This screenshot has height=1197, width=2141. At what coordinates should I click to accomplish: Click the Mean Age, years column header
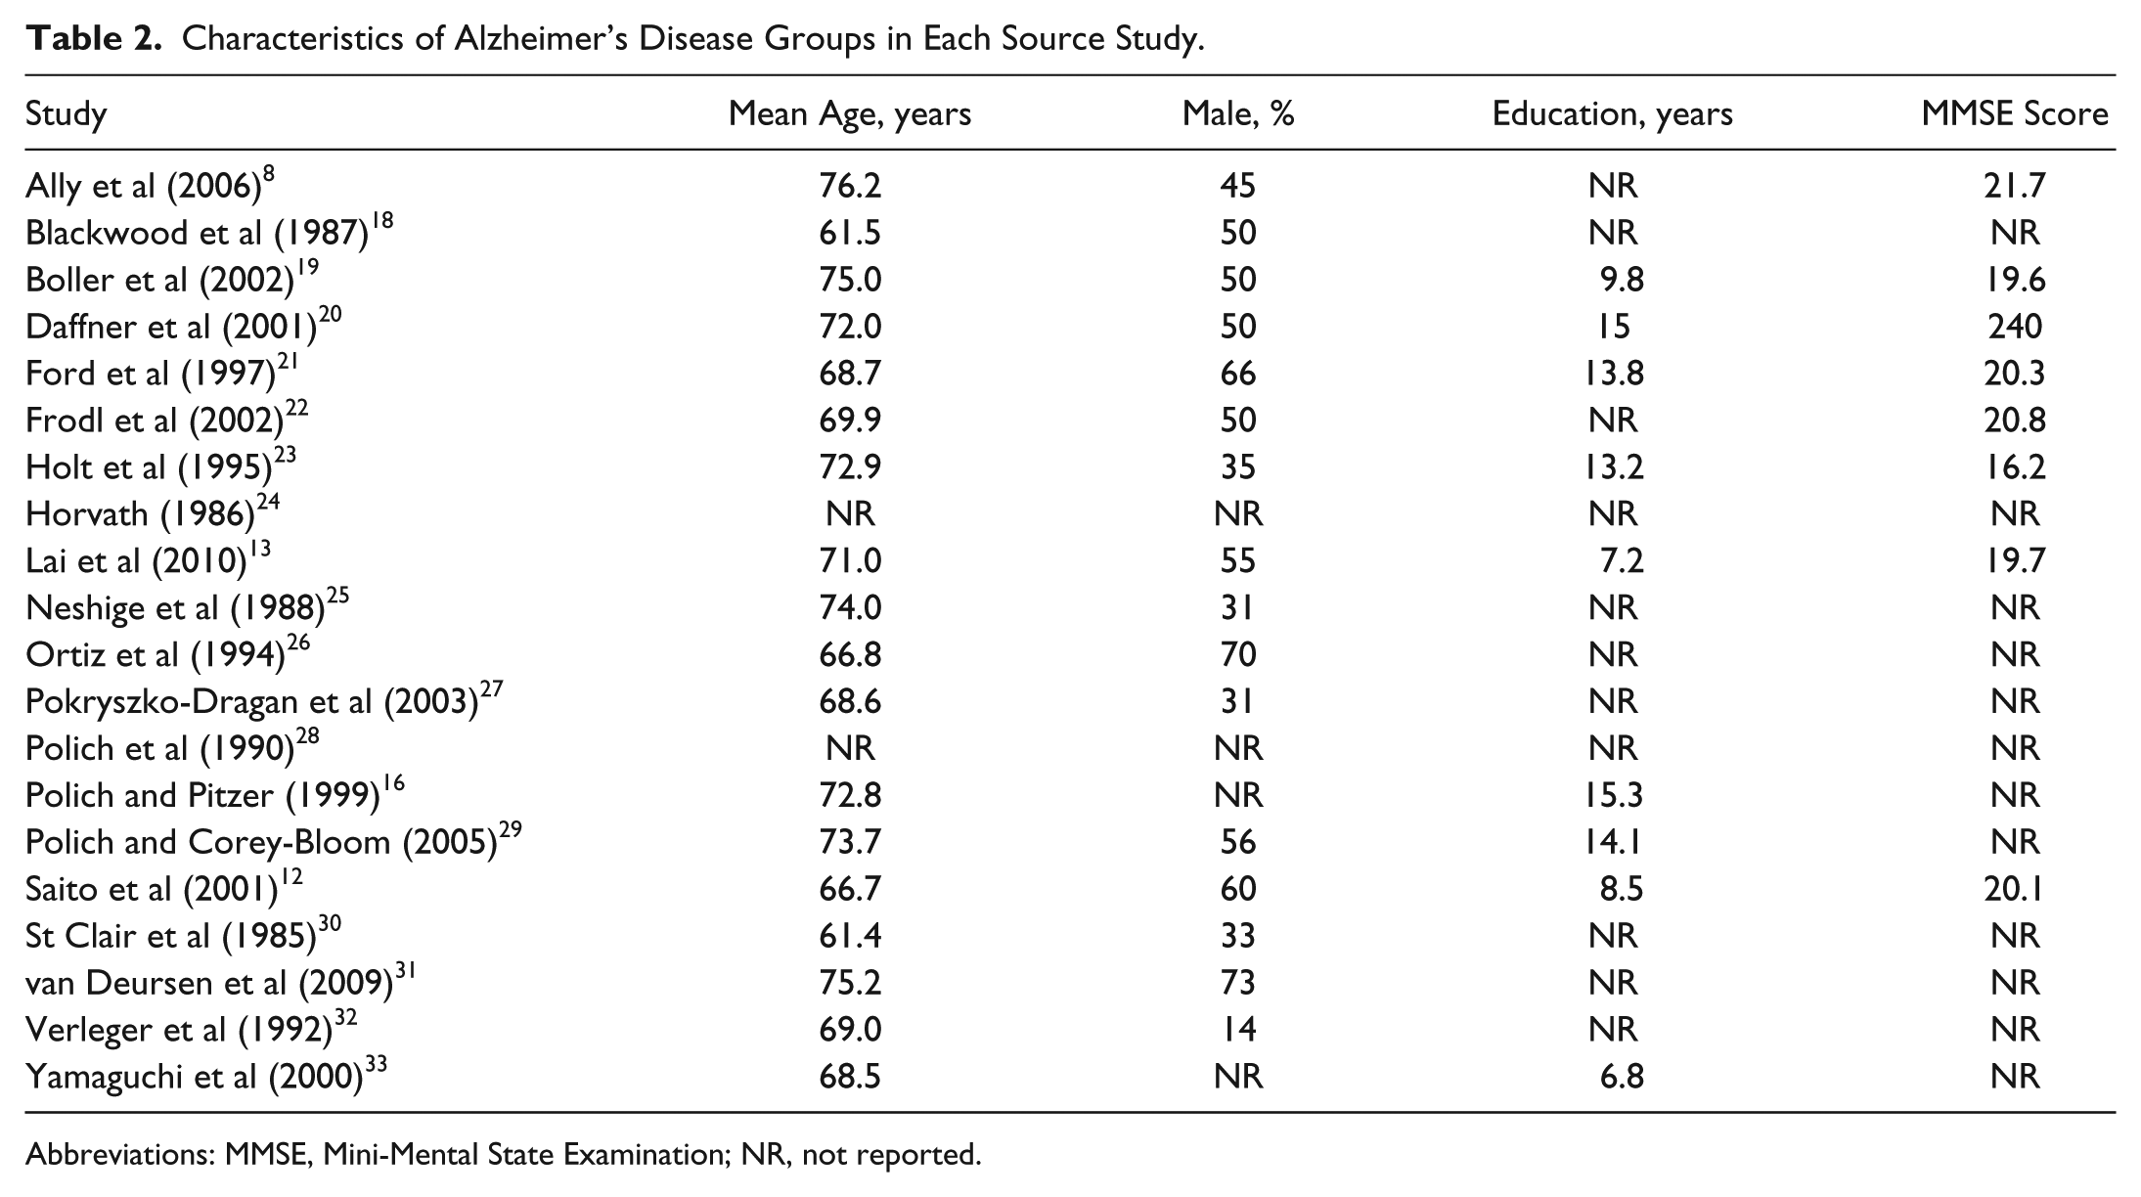click(x=849, y=114)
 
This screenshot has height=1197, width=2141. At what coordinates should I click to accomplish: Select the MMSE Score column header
click(x=2014, y=114)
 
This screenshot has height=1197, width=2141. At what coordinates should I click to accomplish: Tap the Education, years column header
click(x=1612, y=114)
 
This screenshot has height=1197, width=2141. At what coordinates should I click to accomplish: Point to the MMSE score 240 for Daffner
click(x=2015, y=326)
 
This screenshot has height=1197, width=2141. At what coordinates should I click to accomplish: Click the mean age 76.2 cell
click(x=850, y=185)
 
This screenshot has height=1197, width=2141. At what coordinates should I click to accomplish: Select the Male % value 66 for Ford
click(x=1237, y=373)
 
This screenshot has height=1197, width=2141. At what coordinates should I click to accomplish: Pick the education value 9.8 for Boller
click(x=1622, y=279)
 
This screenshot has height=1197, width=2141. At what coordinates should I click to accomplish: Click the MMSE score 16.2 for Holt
click(x=2015, y=466)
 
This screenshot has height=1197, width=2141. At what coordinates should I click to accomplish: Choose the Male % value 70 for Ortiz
click(x=1237, y=654)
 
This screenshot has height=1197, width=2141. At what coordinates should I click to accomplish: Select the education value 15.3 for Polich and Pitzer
click(x=1614, y=795)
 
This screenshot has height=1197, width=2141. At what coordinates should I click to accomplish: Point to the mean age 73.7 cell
click(x=850, y=842)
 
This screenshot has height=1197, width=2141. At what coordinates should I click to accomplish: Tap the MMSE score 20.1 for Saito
click(x=2015, y=889)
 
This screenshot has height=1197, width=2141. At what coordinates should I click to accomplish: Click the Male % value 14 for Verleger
click(x=1237, y=1030)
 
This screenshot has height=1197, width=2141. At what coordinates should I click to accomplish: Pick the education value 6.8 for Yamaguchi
click(x=1622, y=1077)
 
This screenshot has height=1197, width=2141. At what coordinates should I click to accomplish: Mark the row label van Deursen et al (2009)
click(x=221, y=982)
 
